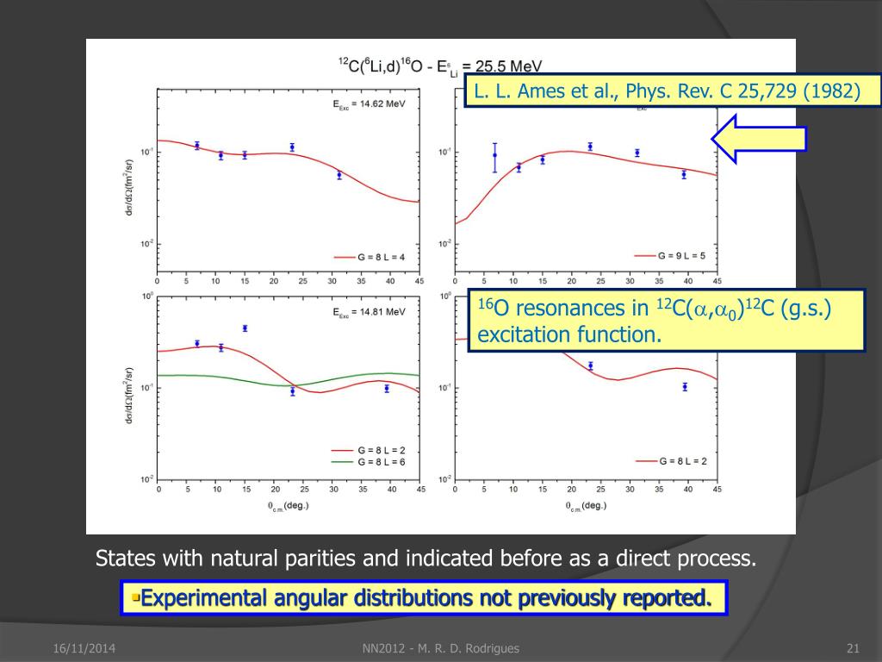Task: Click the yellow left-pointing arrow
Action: point(758,139)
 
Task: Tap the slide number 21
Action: point(854,648)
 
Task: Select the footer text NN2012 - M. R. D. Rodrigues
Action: point(441,648)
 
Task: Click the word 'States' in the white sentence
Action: point(125,559)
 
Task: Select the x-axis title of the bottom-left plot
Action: point(288,505)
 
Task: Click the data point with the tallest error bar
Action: point(494,156)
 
